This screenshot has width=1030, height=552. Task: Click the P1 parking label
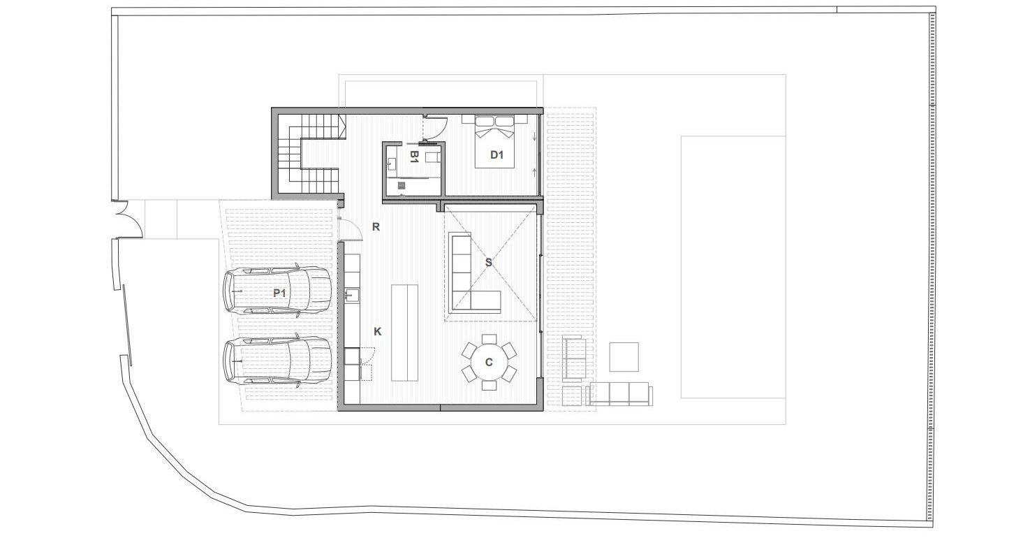click(279, 293)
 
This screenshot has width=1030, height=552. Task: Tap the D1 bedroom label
click(496, 155)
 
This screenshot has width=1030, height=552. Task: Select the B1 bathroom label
click(414, 157)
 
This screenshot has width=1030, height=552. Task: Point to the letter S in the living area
click(488, 263)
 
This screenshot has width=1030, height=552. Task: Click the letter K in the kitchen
click(377, 332)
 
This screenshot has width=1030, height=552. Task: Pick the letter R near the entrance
click(376, 227)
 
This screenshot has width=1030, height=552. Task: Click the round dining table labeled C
click(489, 363)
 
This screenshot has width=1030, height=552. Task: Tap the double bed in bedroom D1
click(495, 142)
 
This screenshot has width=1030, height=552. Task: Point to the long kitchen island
click(404, 333)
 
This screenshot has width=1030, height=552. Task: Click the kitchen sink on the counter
click(352, 294)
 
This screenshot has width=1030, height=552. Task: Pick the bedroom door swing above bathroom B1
click(434, 129)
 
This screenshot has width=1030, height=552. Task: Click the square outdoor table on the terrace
click(624, 357)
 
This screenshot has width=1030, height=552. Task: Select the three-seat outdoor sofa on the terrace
click(619, 394)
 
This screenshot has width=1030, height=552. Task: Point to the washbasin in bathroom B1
click(392, 164)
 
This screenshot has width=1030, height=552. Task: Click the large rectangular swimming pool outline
click(733, 267)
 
